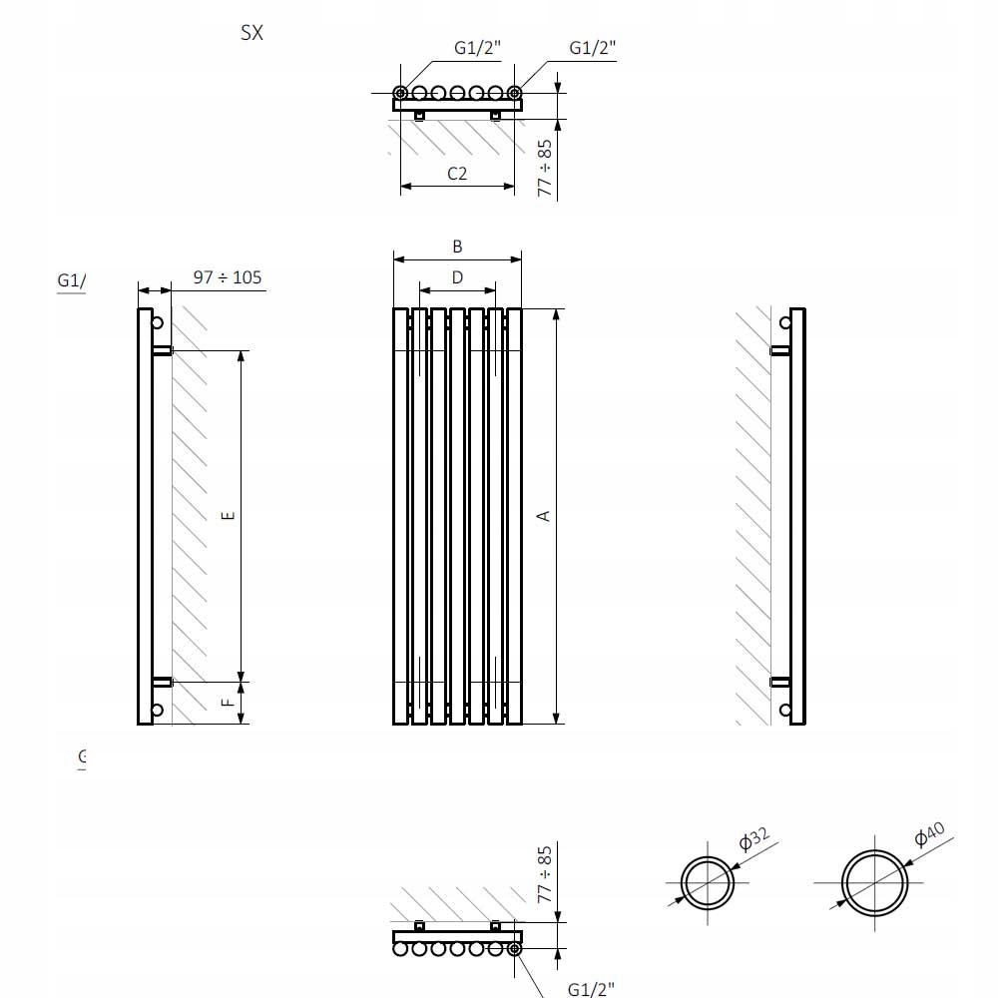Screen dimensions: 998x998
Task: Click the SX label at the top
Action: pyautogui.click(x=251, y=32)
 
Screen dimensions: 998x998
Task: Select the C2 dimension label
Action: pyautogui.click(x=457, y=173)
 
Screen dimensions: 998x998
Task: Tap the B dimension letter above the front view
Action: pyautogui.click(x=457, y=247)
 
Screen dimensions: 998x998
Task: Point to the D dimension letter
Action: pyautogui.click(x=457, y=276)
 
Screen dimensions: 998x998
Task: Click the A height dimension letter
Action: pyautogui.click(x=544, y=515)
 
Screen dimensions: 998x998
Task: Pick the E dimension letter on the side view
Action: pyautogui.click(x=229, y=515)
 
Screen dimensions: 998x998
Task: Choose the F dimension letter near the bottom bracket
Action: pyautogui.click(x=229, y=702)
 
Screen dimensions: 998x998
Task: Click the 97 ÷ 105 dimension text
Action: pyautogui.click(x=228, y=277)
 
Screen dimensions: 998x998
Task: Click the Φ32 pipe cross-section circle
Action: pyautogui.click(x=708, y=882)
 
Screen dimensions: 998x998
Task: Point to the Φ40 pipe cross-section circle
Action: pyautogui.click(x=875, y=882)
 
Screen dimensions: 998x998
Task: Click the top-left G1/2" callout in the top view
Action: pyautogui.click(x=477, y=48)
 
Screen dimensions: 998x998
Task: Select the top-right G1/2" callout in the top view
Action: pyautogui.click(x=593, y=48)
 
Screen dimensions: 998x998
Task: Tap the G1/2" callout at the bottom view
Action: pyautogui.click(x=591, y=989)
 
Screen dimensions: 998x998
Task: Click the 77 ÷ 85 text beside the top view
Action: pyautogui.click(x=545, y=167)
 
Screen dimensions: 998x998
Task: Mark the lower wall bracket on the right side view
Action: pyautogui.click(x=780, y=682)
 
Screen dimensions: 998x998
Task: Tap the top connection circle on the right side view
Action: pyautogui.click(x=785, y=321)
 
